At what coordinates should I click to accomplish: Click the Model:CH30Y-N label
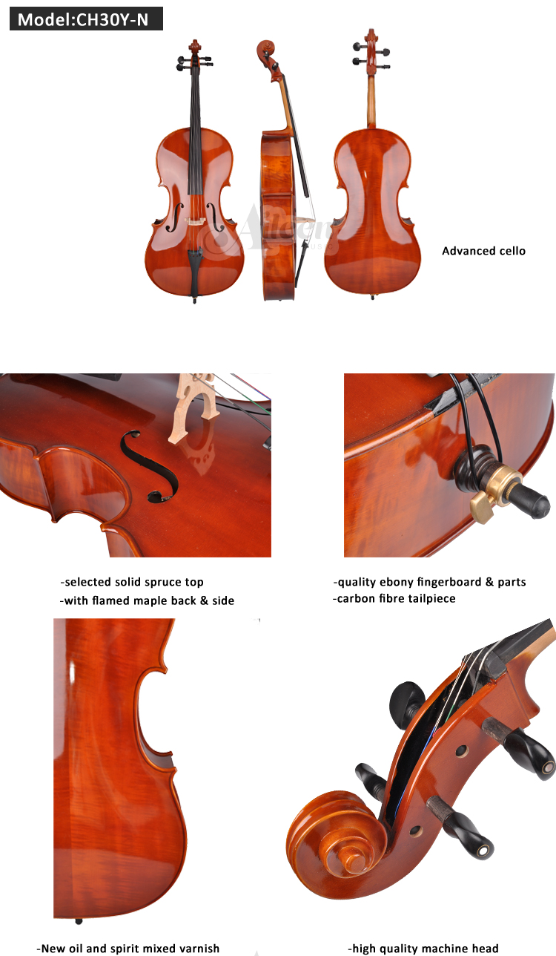[86, 19]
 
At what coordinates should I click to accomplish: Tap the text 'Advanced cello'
[483, 251]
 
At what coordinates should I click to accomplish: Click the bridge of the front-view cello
[195, 221]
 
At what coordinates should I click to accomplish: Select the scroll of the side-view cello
[266, 50]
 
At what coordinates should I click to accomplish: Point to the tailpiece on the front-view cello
[195, 261]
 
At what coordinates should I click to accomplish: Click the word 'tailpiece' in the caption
[431, 599]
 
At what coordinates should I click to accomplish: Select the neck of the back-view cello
[371, 100]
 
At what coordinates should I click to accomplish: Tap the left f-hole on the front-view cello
[174, 217]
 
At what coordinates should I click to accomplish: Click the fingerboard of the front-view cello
[195, 128]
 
